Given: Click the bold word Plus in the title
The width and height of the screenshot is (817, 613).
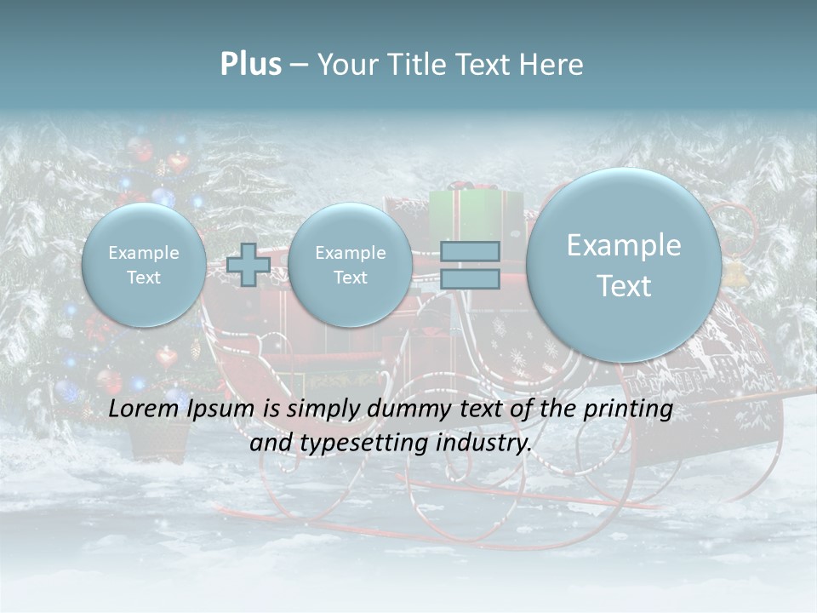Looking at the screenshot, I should click(250, 65).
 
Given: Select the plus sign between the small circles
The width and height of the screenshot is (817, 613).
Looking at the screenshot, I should click(249, 264).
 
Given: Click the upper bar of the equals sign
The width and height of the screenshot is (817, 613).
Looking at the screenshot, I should click(470, 251).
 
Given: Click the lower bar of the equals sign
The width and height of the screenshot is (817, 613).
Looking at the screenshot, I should click(470, 278).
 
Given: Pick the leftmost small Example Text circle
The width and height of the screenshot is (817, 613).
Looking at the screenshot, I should click(144, 265).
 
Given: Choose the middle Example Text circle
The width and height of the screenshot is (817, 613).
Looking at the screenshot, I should click(350, 265).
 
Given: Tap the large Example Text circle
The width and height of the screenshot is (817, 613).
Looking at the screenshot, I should click(624, 265).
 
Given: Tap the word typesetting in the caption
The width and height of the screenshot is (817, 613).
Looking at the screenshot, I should click(373, 444).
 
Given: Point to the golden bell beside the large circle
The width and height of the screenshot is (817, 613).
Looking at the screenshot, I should click(734, 272).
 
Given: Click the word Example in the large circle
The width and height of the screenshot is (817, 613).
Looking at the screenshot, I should click(624, 245).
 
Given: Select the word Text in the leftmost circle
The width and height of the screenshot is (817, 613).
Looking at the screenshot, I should click(144, 278).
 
